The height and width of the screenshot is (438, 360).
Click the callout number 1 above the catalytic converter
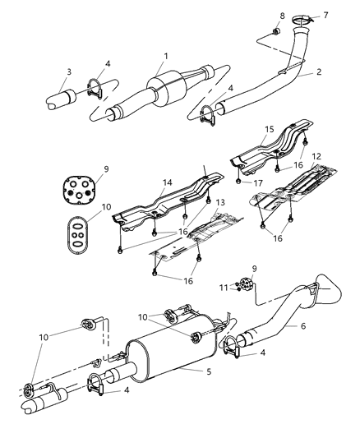166,56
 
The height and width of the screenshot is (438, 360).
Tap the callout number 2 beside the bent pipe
319,71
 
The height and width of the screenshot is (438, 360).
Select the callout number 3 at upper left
69,71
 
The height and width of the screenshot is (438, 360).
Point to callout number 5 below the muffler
209,371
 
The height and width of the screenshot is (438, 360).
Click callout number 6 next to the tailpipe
303,325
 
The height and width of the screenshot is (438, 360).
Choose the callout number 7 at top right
325,15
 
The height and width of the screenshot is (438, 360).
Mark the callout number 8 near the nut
282,16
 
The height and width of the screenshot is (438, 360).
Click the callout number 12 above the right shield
316,156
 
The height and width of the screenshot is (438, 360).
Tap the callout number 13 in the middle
220,202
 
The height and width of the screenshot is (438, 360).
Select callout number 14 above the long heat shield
168,182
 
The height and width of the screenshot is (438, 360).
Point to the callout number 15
270,129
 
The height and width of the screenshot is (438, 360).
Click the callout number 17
257,183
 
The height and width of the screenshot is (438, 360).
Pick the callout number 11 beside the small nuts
224,288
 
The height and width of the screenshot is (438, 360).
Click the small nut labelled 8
276,31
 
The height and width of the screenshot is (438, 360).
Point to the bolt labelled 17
238,182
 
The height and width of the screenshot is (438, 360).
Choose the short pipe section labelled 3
61,99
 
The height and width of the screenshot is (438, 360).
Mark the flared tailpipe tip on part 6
329,291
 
